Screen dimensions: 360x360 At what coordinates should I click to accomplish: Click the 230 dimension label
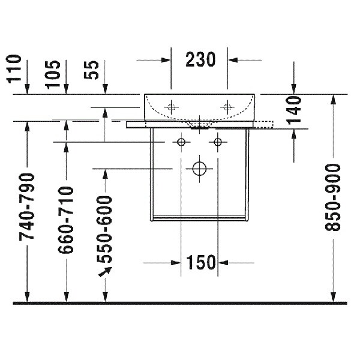click(x=200, y=59)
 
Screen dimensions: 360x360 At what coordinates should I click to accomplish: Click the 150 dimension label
click(x=200, y=262)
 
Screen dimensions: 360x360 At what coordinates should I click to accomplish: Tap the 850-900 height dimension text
click(x=332, y=197)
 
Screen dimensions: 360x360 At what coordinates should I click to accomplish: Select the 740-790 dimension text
click(x=27, y=207)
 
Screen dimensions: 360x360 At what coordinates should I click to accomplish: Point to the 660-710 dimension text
click(x=66, y=220)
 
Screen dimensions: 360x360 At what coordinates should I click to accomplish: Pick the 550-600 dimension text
click(x=104, y=229)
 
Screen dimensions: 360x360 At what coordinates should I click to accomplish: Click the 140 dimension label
click(x=294, y=110)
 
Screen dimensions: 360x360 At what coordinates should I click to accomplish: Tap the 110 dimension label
click(x=14, y=68)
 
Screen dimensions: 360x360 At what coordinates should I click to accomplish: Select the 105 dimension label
click(x=53, y=74)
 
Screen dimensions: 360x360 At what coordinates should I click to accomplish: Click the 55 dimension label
click(x=91, y=70)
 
